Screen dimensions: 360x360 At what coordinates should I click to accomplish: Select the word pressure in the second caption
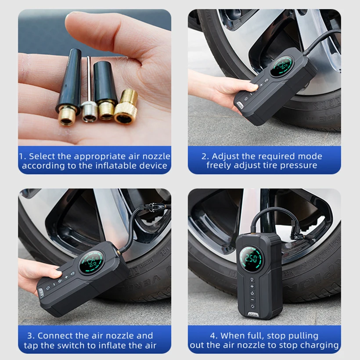pos(300,166)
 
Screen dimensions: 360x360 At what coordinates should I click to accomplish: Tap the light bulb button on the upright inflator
pos(252,279)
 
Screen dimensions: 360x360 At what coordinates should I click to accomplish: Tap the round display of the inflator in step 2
pos(282,65)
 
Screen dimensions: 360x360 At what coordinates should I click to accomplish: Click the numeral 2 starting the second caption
pos(204,156)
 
